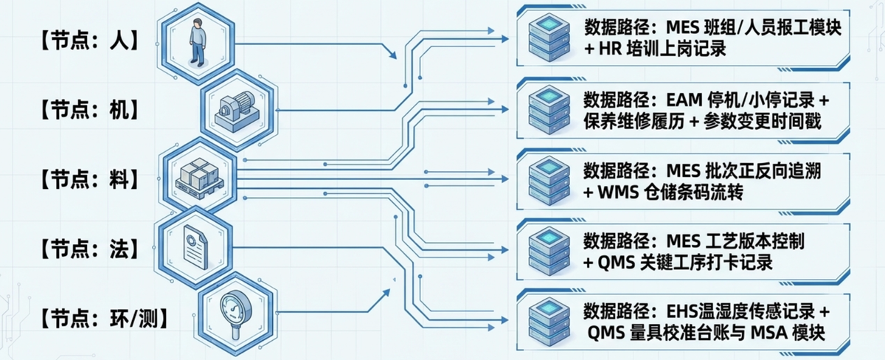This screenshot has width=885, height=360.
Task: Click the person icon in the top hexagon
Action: pos(197,42)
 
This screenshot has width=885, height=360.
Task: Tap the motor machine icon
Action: pos(234,110)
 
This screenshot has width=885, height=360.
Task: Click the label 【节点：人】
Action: pos(86,41)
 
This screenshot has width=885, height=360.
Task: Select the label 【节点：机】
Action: pos(86,111)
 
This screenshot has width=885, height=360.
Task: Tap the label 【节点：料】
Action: pos(86,179)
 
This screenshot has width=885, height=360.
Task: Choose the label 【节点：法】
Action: pos(86,248)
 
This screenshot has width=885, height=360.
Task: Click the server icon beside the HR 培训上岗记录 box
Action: pos(549,38)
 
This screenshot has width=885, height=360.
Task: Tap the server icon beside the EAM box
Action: pos(549,109)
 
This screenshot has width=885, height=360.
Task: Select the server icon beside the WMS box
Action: pos(549,180)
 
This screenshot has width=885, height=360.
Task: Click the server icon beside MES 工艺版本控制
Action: pos(549,251)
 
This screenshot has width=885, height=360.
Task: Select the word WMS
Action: pos(619,192)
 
